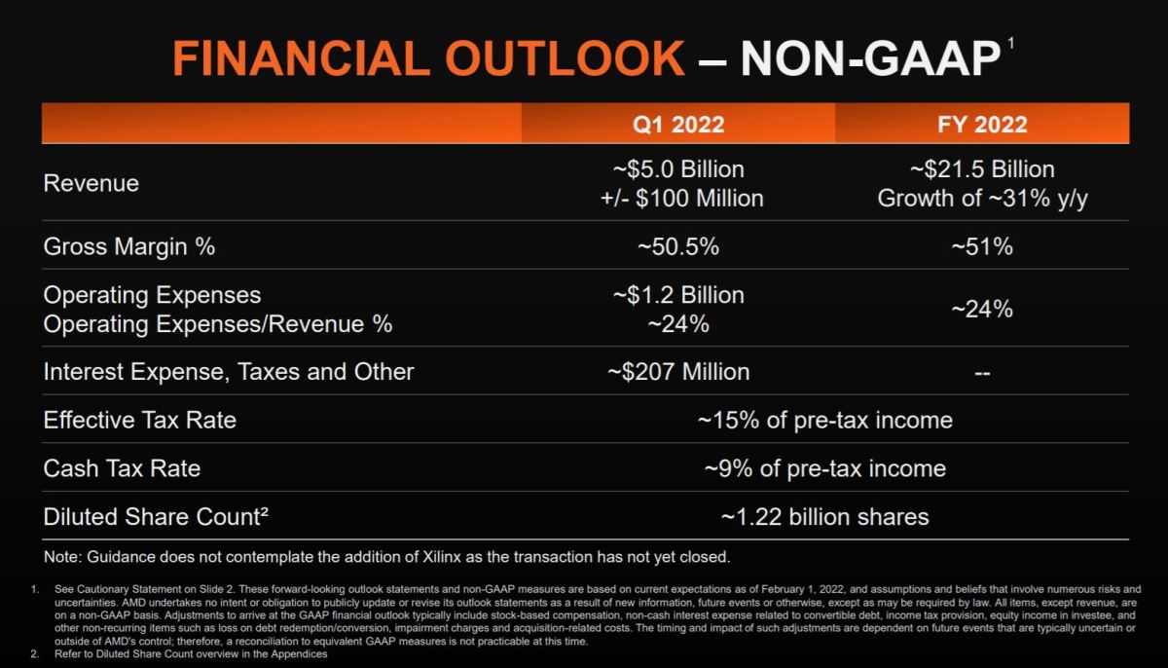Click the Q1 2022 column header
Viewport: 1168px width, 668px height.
pyautogui.click(x=677, y=125)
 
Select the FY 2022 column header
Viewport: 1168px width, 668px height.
pyautogui.click(x=981, y=125)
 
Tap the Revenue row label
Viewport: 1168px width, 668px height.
pyautogui.click(x=91, y=183)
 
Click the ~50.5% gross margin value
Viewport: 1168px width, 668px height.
pyautogui.click(x=677, y=246)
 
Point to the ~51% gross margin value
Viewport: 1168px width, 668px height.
pyautogui.click(x=981, y=246)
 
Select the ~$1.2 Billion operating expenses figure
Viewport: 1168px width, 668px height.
pyautogui.click(x=677, y=295)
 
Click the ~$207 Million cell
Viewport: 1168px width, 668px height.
pyautogui.click(x=677, y=371)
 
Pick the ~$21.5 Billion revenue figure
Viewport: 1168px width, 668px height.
pyautogui.click(x=981, y=169)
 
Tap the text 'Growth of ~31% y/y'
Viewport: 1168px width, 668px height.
pyautogui.click(x=981, y=199)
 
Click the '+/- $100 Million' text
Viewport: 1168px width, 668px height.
pyautogui.click(x=677, y=199)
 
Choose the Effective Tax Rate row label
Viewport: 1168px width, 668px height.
pyautogui.click(x=140, y=420)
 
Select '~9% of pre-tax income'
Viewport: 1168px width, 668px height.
pyautogui.click(x=824, y=468)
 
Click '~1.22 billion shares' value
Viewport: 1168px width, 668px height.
pyautogui.click(x=824, y=516)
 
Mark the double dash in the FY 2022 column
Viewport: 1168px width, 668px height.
pyautogui.click(x=981, y=372)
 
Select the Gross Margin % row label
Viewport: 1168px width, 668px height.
pyautogui.click(x=129, y=246)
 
